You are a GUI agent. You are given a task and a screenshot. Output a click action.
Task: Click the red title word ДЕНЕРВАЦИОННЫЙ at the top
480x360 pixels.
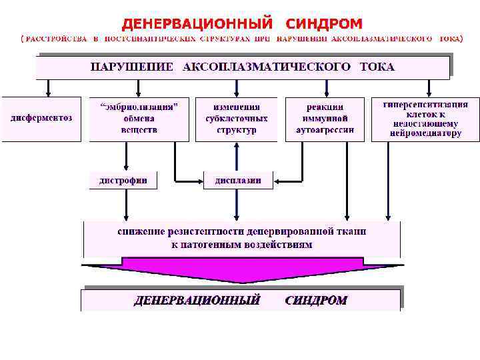coord(197,24)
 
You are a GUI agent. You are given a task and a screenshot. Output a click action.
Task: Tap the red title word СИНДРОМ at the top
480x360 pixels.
coord(324,24)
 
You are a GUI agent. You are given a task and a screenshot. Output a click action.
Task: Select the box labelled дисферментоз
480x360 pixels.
coord(41,118)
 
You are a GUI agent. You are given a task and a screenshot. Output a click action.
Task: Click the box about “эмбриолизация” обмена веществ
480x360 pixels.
coord(139,118)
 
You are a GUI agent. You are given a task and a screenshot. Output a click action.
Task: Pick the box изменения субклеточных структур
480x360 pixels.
coord(237,118)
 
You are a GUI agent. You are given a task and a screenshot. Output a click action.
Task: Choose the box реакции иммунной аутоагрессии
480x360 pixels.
coord(325,118)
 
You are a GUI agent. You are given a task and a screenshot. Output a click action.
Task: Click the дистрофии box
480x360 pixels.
coord(123,180)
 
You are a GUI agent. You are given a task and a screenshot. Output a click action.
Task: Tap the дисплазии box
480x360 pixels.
coord(238,180)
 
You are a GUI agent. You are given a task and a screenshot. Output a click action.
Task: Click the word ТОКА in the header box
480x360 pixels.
coord(377,67)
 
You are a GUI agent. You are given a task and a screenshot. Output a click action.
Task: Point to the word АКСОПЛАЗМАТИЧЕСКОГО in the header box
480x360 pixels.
coord(267,67)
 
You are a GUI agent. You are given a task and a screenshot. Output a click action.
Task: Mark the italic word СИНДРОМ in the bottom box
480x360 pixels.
coord(316,300)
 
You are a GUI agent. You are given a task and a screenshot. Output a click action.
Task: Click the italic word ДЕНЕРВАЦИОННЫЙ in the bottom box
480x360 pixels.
coord(197,300)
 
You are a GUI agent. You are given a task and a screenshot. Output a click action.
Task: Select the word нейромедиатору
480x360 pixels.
coord(425,133)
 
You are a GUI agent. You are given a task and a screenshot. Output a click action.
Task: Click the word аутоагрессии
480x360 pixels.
coord(325,130)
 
